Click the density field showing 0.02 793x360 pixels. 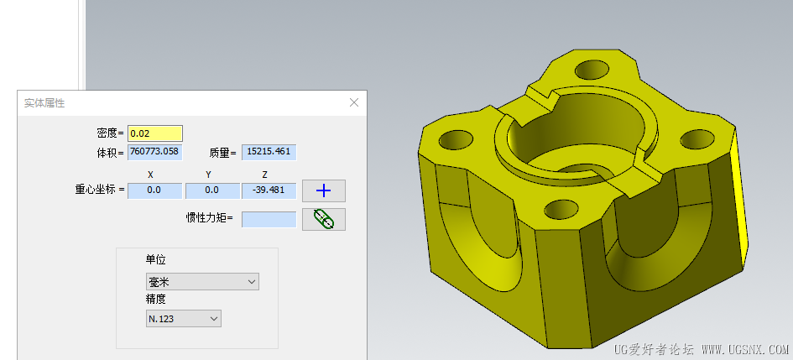pos(154,133)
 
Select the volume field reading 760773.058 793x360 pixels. pos(154,152)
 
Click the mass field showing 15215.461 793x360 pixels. pos(269,152)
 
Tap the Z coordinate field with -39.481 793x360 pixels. pos(269,190)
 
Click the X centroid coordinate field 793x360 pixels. pos(154,190)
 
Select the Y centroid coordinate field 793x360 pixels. pos(212,190)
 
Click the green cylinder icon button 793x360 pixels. pos(324,219)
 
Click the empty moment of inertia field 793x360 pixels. pos(269,219)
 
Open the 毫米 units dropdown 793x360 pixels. pos(202,282)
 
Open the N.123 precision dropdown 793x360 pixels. pos(184,319)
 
